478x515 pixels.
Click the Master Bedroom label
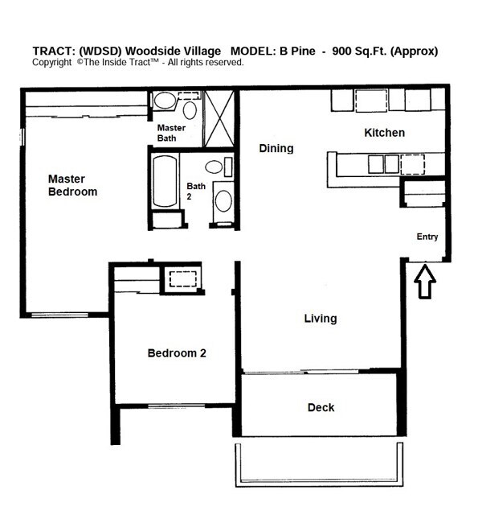72,185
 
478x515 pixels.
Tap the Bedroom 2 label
178,352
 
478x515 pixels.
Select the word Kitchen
384,133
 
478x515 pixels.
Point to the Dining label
276,148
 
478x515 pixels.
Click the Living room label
320,319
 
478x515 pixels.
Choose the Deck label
321,407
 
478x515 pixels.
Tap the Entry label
427,237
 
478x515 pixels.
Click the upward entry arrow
425,281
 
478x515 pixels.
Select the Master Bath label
171,133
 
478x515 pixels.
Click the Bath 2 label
196,191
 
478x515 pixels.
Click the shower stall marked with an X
218,118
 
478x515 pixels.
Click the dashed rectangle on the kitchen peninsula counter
412,163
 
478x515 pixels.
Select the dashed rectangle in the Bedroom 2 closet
182,279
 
